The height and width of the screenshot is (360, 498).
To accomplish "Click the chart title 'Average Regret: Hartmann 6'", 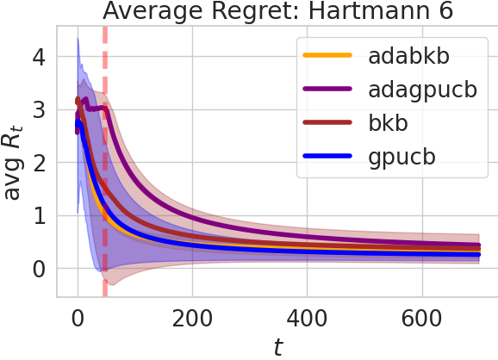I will pos(278,12).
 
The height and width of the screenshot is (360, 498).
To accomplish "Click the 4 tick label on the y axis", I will pos(38,57).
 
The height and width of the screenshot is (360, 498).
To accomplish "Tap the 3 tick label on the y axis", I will pos(38,109).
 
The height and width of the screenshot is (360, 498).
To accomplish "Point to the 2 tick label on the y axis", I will pos(38,163).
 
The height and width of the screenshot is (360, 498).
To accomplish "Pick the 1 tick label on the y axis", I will pos(38,215).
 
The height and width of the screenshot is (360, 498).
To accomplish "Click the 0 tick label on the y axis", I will pos(38,269).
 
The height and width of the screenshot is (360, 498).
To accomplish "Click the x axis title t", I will pos(277,345).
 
